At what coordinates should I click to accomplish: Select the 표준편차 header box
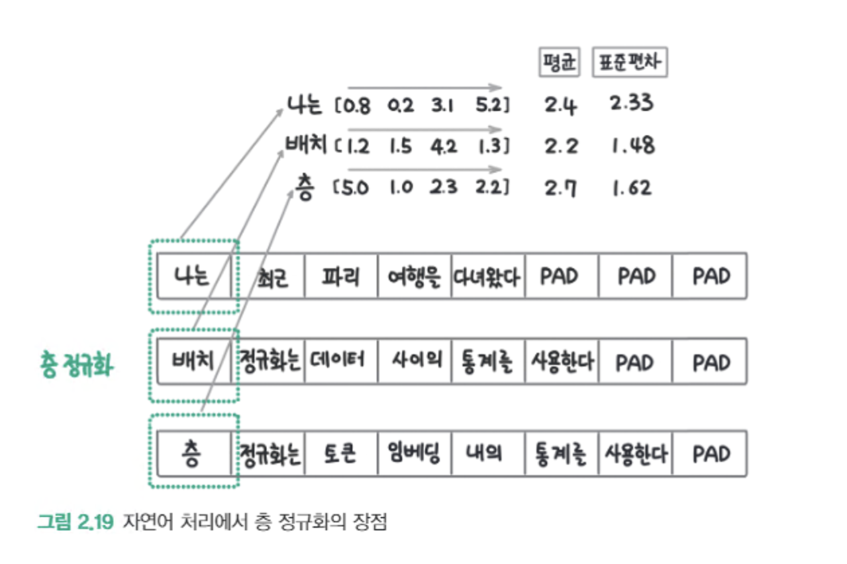coord(630,64)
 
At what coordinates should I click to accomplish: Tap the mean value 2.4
coord(560,105)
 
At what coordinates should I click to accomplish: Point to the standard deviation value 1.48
coord(632,146)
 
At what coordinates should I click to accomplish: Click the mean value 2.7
coord(560,187)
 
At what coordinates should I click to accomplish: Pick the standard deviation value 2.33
coord(631,103)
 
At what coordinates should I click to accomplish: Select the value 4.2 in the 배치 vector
coord(443,146)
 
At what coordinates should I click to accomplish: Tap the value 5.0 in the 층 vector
coord(352,188)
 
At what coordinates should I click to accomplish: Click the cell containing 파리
coord(341,276)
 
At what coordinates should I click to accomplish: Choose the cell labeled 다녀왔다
coord(488,276)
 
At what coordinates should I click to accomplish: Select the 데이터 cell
coord(341,361)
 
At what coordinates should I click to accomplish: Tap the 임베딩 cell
coord(414,454)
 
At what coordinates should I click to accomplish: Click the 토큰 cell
coord(341,454)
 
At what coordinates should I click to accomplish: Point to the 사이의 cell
coord(414,361)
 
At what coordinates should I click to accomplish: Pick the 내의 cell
coord(488,454)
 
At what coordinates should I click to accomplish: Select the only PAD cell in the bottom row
coord(710,454)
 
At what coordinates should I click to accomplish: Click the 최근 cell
coord(268,276)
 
